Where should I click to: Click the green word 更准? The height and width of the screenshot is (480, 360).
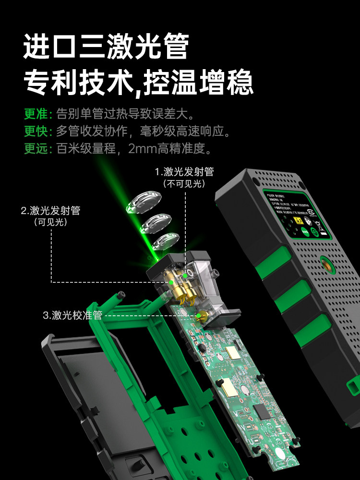(x=36, y=114)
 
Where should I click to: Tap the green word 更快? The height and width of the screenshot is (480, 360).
(x=36, y=131)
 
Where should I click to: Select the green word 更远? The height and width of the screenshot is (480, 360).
(x=36, y=148)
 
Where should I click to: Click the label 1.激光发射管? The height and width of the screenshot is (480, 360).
(x=184, y=172)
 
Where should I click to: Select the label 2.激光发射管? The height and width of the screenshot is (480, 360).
(x=50, y=210)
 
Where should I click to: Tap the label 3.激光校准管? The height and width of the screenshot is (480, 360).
(x=72, y=315)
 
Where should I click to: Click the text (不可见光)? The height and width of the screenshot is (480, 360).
(x=184, y=184)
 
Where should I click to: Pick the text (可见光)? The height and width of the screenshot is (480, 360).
(x=50, y=222)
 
